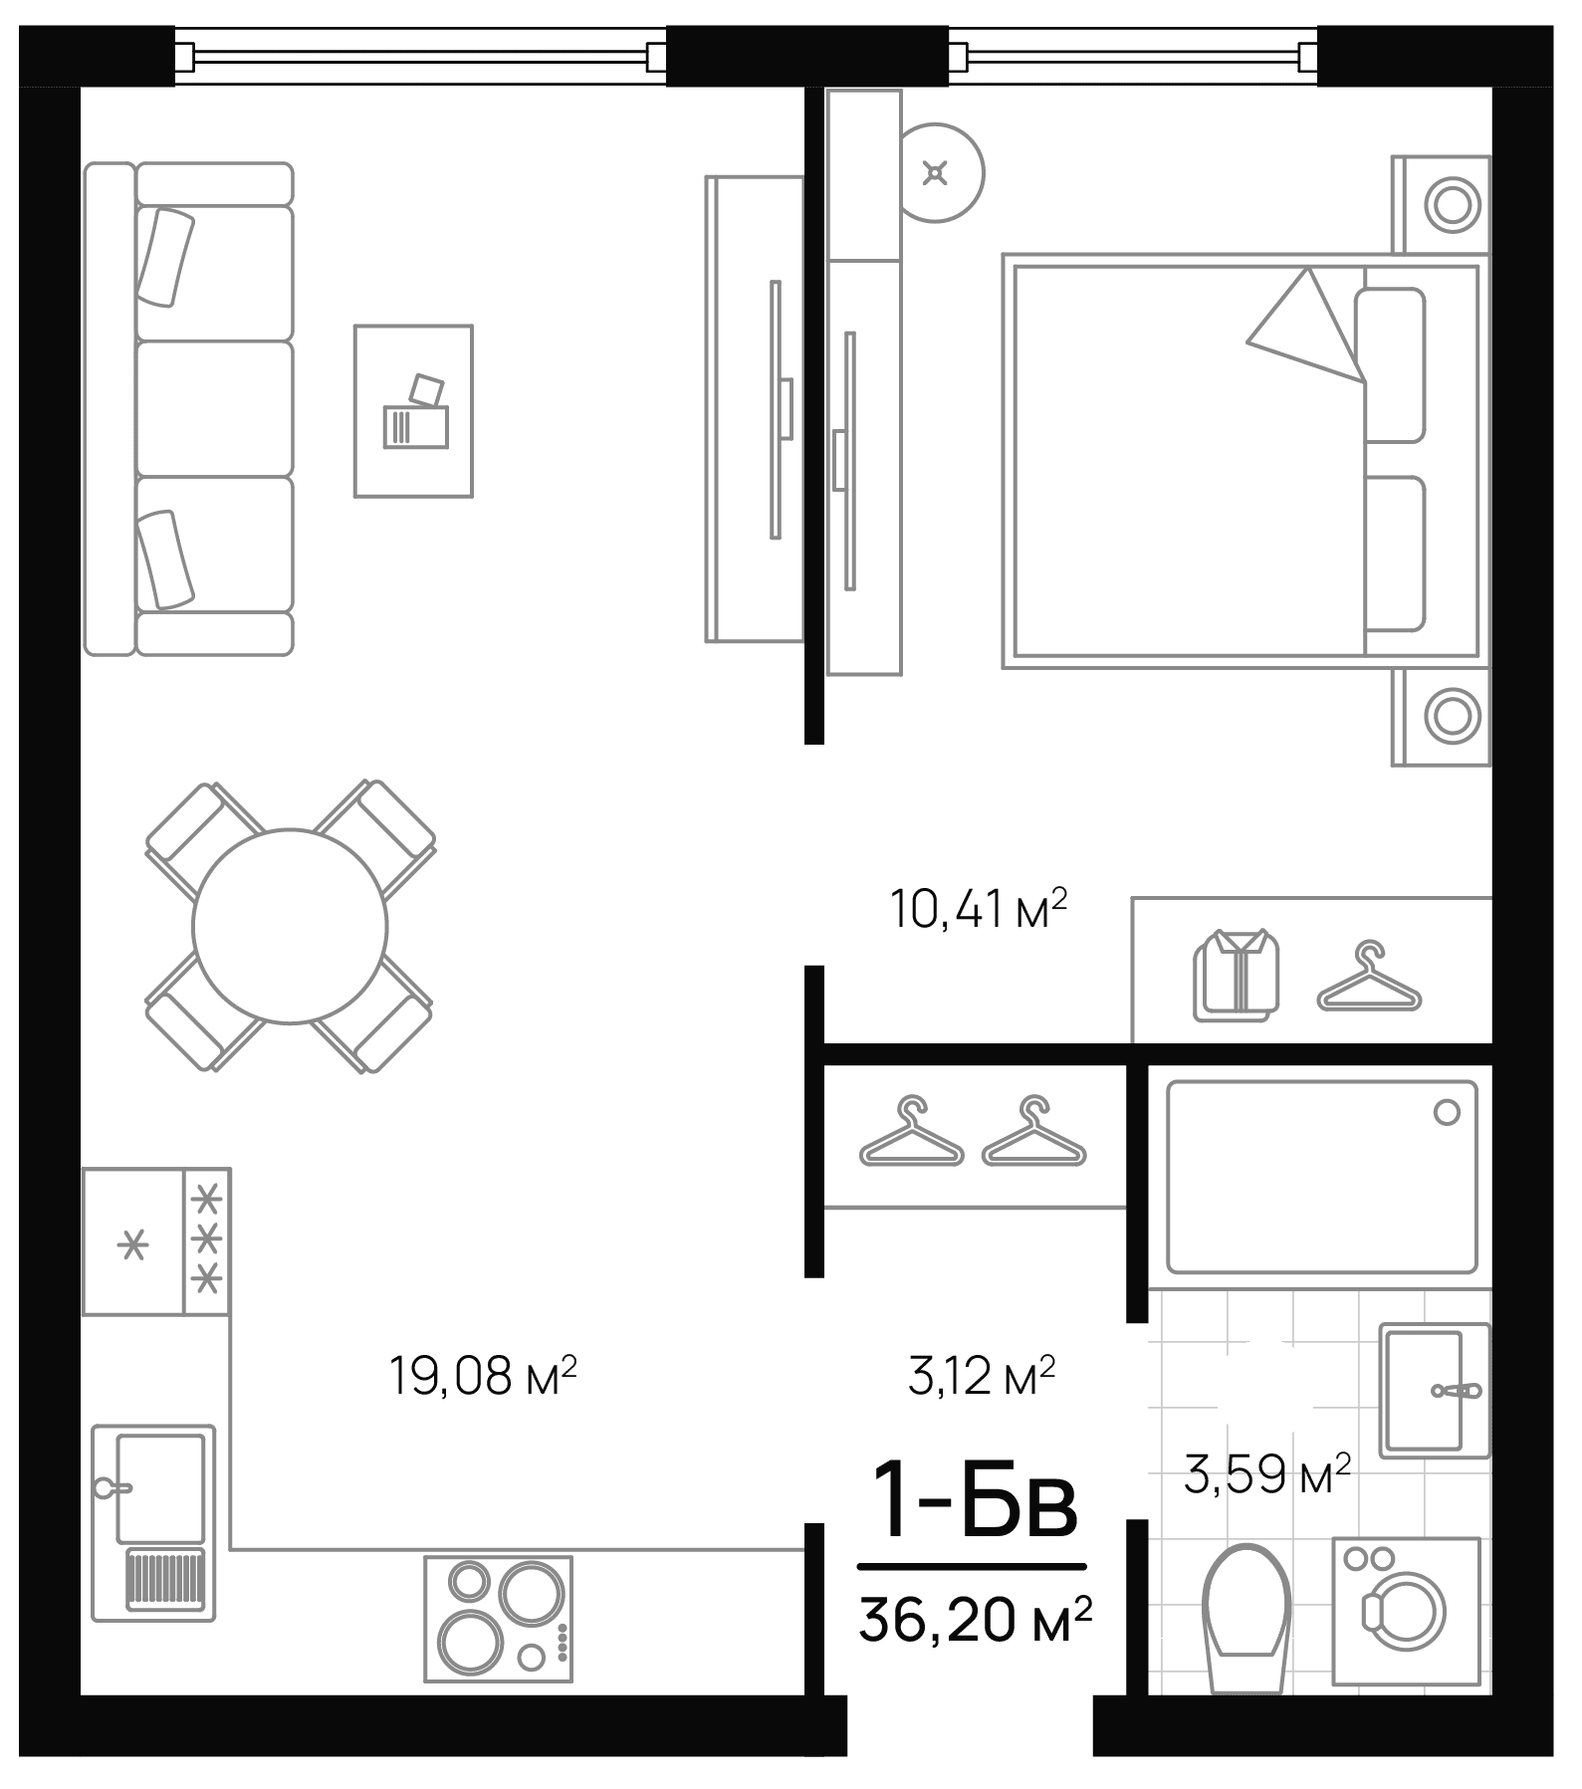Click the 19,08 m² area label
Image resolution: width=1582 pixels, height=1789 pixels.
[x=483, y=1376]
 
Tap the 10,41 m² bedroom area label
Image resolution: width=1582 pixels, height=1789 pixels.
[x=978, y=910]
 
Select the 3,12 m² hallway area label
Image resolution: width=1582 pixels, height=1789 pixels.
[x=982, y=1376]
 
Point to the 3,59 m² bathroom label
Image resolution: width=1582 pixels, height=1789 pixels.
[x=1266, y=1473]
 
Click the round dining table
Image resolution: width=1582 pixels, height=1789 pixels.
[x=290, y=926]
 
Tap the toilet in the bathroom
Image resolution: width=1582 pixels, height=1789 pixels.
[x=1246, y=1614]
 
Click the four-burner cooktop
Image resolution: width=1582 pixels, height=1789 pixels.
[x=499, y=1619]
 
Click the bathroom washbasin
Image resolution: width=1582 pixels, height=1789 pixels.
[x=1433, y=1390]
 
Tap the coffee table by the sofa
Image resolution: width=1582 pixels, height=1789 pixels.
[x=413, y=410]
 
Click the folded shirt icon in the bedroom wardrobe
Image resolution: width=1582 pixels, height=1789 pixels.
[x=1236, y=975]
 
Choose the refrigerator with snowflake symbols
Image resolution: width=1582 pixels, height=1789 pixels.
[x=156, y=1240]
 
